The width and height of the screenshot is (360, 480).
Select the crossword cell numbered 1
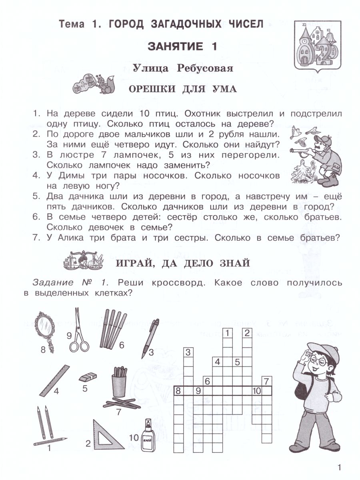[x=228, y=333]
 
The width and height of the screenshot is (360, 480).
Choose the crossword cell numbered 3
[x=188, y=352]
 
